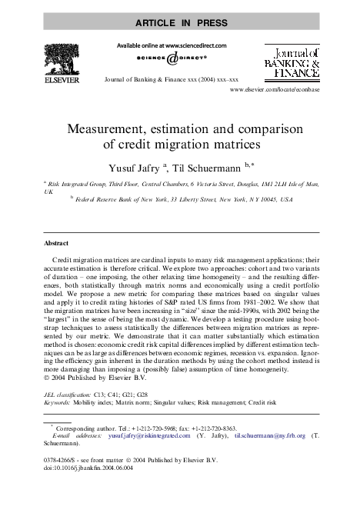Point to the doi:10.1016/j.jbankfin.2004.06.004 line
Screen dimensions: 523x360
click(89, 467)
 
